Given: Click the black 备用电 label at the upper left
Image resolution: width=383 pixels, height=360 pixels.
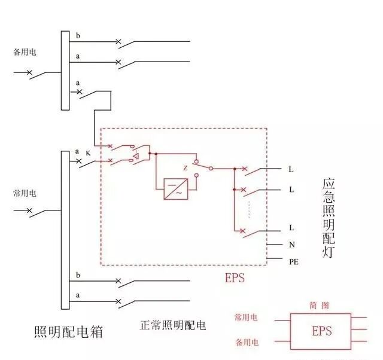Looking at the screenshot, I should [25, 52].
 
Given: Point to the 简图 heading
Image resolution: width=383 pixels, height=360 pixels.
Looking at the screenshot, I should [321, 304].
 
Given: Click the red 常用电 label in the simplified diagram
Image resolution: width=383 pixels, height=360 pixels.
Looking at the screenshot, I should [247, 318].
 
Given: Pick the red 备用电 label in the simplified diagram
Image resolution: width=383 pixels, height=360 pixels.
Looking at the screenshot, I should [247, 343].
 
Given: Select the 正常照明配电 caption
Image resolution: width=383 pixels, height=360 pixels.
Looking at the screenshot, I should [172, 326].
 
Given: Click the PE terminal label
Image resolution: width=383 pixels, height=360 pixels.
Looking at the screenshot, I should [294, 262].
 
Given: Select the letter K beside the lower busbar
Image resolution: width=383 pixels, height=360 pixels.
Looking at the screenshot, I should [88, 154].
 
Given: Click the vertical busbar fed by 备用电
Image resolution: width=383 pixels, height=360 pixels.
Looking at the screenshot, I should [65, 71].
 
